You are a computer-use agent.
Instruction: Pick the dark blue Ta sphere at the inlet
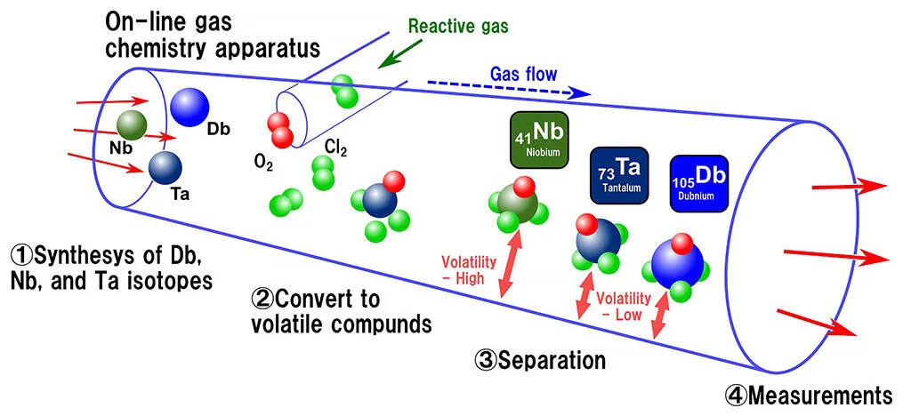pyautogui.click(x=166, y=166)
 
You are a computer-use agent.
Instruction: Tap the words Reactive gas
pyautogui.click(x=458, y=26)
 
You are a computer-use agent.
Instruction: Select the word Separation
pyautogui.click(x=552, y=360)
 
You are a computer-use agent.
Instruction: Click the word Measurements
pyautogui.click(x=818, y=394)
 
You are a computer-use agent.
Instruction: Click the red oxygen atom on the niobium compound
pyautogui.click(x=524, y=187)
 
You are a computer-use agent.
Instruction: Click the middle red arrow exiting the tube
pyautogui.click(x=835, y=255)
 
